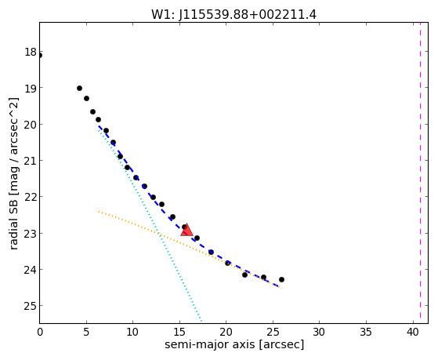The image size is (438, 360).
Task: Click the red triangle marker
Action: (186, 230)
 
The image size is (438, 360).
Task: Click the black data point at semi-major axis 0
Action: (40, 56)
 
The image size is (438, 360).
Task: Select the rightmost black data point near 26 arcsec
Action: (281, 279)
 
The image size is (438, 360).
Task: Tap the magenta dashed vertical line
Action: (421, 173)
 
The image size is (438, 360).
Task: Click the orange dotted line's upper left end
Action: (99, 212)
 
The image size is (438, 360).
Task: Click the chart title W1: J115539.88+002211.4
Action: (233, 15)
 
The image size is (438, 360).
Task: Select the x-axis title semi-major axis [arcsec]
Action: (234, 344)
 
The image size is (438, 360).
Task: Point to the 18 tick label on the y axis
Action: (31, 52)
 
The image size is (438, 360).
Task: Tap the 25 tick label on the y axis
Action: (31, 306)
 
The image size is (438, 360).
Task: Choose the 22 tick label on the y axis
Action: (31, 197)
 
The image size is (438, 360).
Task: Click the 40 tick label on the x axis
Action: (412, 332)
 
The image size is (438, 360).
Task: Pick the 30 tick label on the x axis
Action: (319, 332)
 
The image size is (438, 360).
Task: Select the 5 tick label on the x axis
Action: (86, 332)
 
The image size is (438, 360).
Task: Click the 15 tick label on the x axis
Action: (179, 332)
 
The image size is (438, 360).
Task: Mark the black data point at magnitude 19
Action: (79, 89)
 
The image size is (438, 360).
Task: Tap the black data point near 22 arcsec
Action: (244, 275)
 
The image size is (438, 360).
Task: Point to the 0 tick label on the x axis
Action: (40, 332)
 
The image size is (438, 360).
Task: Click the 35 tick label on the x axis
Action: (366, 332)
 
